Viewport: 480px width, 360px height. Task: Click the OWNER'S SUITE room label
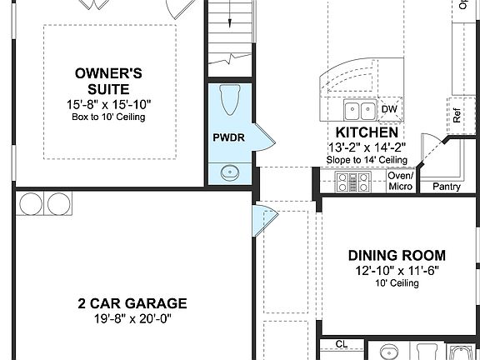(110, 82)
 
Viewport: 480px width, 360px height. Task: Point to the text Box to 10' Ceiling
(110, 117)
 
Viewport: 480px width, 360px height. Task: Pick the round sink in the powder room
(230, 172)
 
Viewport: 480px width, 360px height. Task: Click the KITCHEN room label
(367, 132)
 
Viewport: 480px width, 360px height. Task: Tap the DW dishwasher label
(389, 109)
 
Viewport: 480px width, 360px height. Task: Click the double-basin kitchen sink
(361, 110)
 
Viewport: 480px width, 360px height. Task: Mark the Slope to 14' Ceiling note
(367, 159)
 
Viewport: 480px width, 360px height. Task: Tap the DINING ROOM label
(397, 256)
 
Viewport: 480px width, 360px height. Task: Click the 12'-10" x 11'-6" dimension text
(397, 271)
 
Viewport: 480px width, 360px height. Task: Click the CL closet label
(341, 343)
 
